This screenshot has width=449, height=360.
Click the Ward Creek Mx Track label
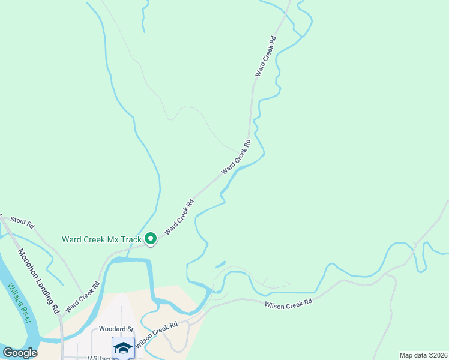pyautogui.click(x=101, y=239)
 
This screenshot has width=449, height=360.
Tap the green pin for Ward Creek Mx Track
pyautogui.click(x=150, y=239)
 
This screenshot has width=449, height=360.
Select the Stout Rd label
pyautogui.click(x=22, y=222)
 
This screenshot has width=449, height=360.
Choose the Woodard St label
pyautogui.click(x=116, y=329)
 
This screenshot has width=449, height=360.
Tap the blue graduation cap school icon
pyautogui.click(x=123, y=347)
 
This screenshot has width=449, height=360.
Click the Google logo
pyautogui.click(x=20, y=353)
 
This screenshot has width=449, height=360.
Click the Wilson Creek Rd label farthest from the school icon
pyautogui.click(x=289, y=304)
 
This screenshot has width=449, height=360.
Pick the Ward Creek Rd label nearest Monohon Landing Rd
pyautogui.click(x=82, y=296)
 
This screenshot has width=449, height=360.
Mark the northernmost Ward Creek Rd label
pyautogui.click(x=265, y=56)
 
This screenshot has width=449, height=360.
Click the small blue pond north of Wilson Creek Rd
pyautogui.click(x=220, y=263)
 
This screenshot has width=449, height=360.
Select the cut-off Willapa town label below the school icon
pyautogui.click(x=103, y=358)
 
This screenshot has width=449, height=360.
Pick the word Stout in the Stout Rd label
pyautogui.click(x=18, y=221)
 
